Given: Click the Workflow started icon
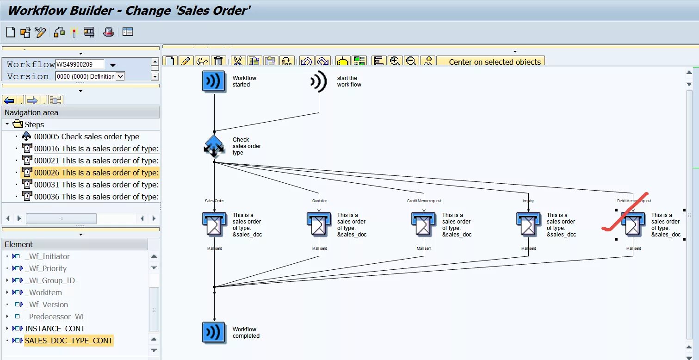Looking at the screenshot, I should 214,81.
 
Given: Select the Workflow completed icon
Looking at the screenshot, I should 214,333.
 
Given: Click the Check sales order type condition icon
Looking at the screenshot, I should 214,146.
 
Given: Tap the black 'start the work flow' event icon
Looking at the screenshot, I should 319,81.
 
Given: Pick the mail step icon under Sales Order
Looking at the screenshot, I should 214,224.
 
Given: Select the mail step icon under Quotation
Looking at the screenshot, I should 319,224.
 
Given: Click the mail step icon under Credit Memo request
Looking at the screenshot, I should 423,224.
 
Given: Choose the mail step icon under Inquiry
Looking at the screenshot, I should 528,224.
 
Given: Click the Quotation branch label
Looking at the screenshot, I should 320,201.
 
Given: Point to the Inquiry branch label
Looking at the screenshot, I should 528,201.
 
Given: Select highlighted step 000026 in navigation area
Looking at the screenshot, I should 96,173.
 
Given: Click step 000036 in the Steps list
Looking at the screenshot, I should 96,197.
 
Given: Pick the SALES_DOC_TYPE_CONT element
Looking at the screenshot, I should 68,341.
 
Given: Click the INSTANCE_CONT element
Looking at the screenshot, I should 55,329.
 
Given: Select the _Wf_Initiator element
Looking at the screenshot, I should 47,256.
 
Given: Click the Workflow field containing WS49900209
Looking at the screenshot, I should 80,64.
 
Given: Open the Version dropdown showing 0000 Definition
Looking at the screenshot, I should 120,76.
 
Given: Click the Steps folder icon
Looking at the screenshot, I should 18,124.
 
